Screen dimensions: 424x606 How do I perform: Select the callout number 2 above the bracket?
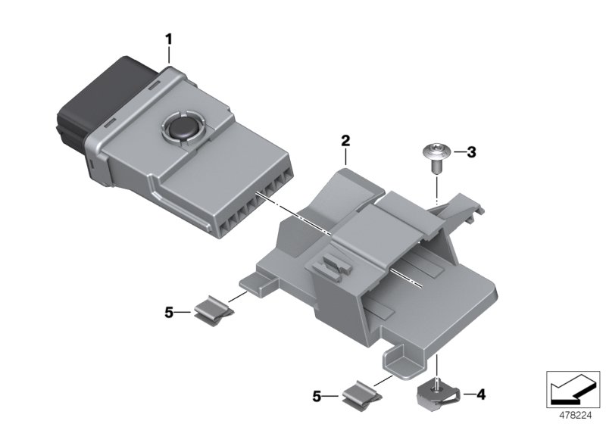(345, 140)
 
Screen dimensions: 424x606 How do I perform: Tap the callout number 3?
(470, 153)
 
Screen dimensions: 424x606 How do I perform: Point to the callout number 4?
(479, 394)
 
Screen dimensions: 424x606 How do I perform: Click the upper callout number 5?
(170, 310)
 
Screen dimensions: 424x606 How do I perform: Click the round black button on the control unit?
(182, 126)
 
